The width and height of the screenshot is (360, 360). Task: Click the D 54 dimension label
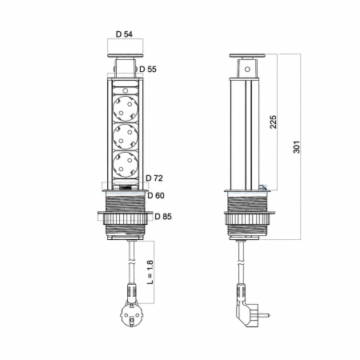coord(124,34)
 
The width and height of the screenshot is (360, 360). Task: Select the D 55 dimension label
coord(148,69)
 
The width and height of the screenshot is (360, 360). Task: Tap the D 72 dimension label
coord(154,178)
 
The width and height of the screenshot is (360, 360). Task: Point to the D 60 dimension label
coord(156,195)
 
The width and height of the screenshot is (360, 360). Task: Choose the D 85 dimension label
coord(163,216)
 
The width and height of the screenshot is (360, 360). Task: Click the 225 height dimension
coord(273,122)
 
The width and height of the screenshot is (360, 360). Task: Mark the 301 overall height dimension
coord(297,147)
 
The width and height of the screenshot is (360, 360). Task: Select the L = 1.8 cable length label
coord(150,272)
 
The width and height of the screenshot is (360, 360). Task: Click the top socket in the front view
coord(126,109)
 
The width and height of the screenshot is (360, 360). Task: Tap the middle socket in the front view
coord(126,136)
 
